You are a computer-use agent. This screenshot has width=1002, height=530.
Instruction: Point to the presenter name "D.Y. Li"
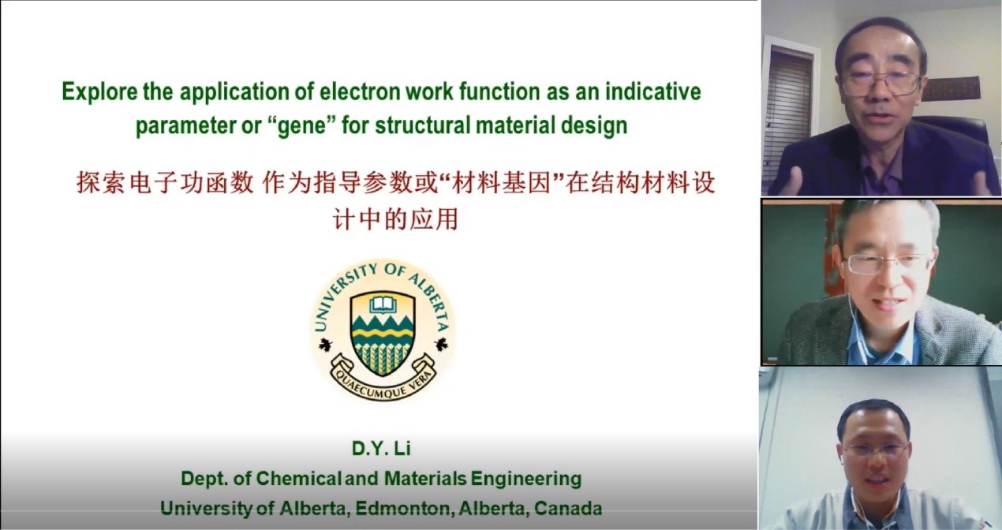pos(381,449)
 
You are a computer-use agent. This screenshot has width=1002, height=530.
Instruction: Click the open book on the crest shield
pos(383,304)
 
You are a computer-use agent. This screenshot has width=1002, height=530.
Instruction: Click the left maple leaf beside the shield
pos(325,345)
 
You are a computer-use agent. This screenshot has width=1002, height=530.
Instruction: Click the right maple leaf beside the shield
pos(442,345)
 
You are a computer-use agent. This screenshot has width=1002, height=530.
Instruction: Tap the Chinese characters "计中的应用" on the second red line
pos(395,219)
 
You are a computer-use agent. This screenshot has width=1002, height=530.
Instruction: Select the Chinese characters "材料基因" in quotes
pos(502,184)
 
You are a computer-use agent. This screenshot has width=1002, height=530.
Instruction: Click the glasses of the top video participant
pos(881,83)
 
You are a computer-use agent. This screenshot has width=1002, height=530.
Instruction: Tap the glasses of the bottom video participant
pos(877,449)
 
